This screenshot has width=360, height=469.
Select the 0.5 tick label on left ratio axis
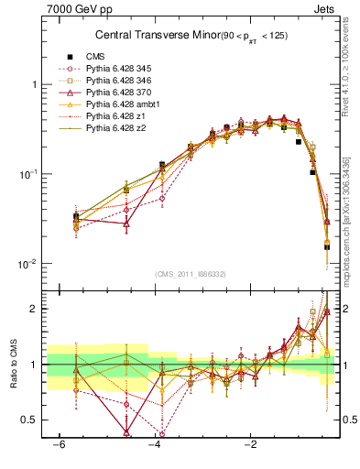[x=30, y=420]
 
